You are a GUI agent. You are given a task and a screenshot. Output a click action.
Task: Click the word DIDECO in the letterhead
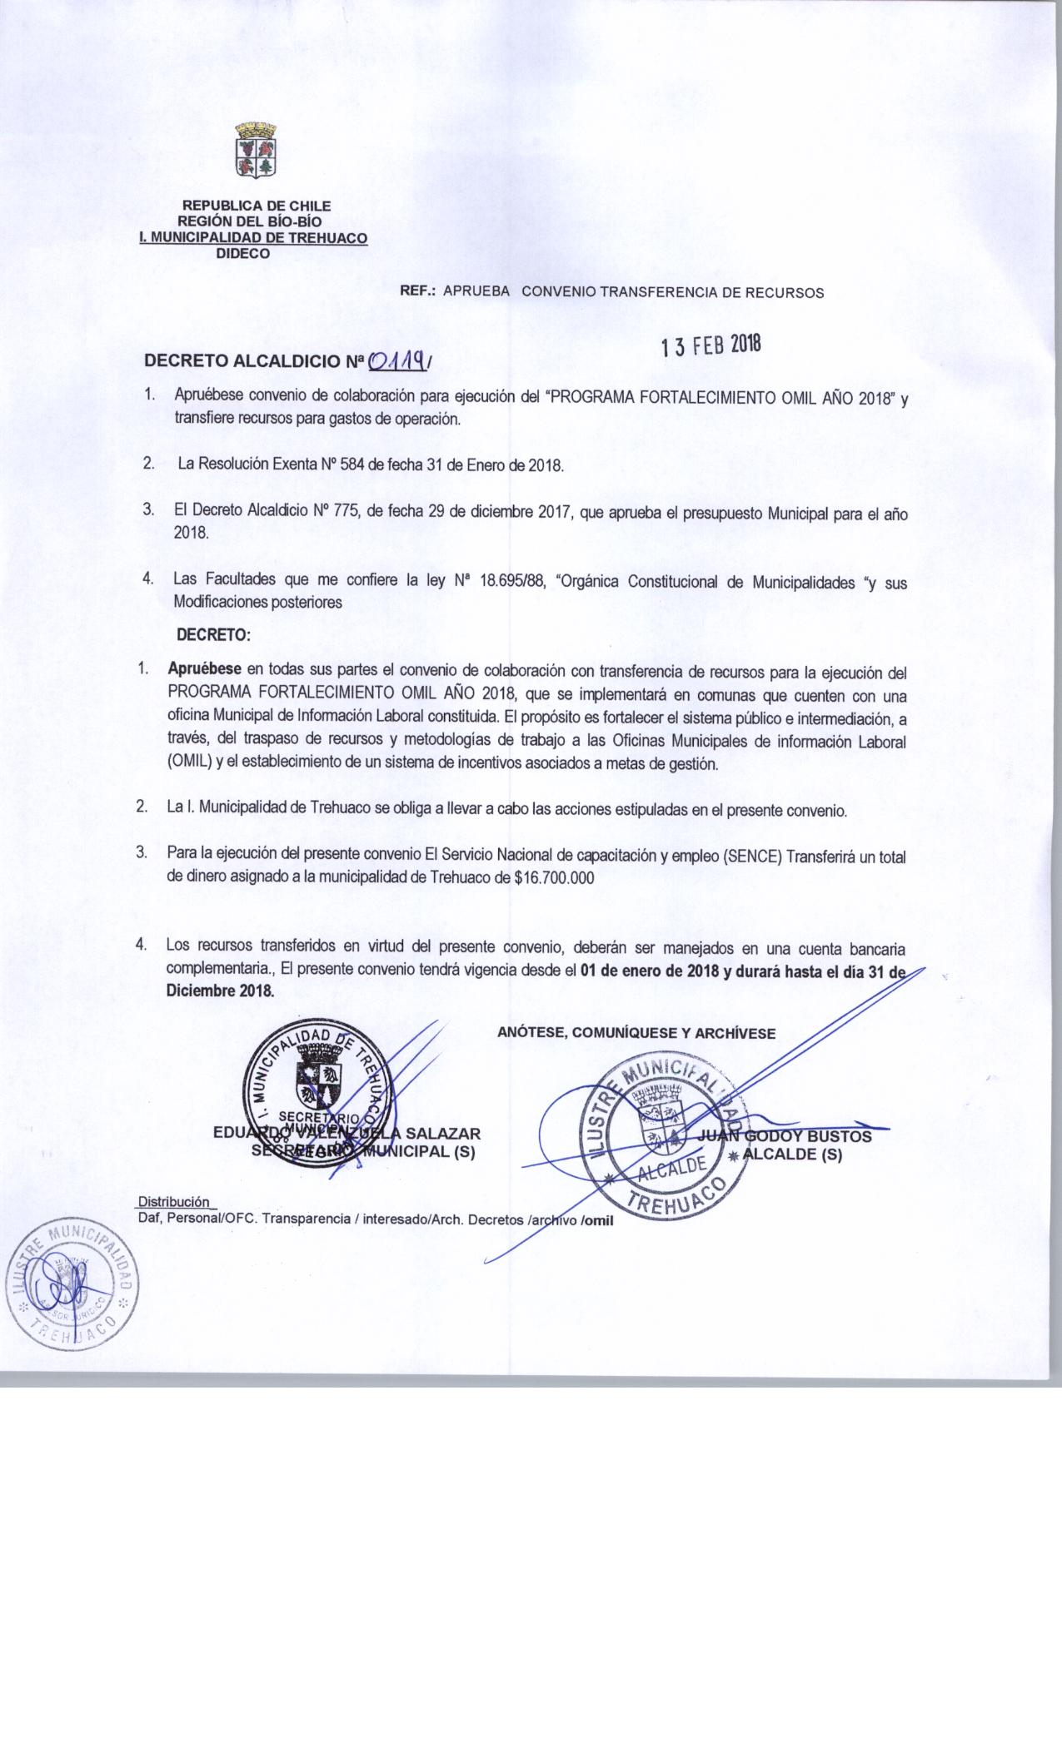click(243, 255)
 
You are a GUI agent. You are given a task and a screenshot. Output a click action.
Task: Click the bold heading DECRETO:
click(213, 635)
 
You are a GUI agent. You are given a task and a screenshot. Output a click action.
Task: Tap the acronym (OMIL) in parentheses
click(190, 763)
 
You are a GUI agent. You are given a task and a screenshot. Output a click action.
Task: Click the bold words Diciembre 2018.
click(220, 991)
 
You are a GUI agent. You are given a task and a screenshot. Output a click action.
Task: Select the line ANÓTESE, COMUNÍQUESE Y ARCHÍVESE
click(636, 1033)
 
